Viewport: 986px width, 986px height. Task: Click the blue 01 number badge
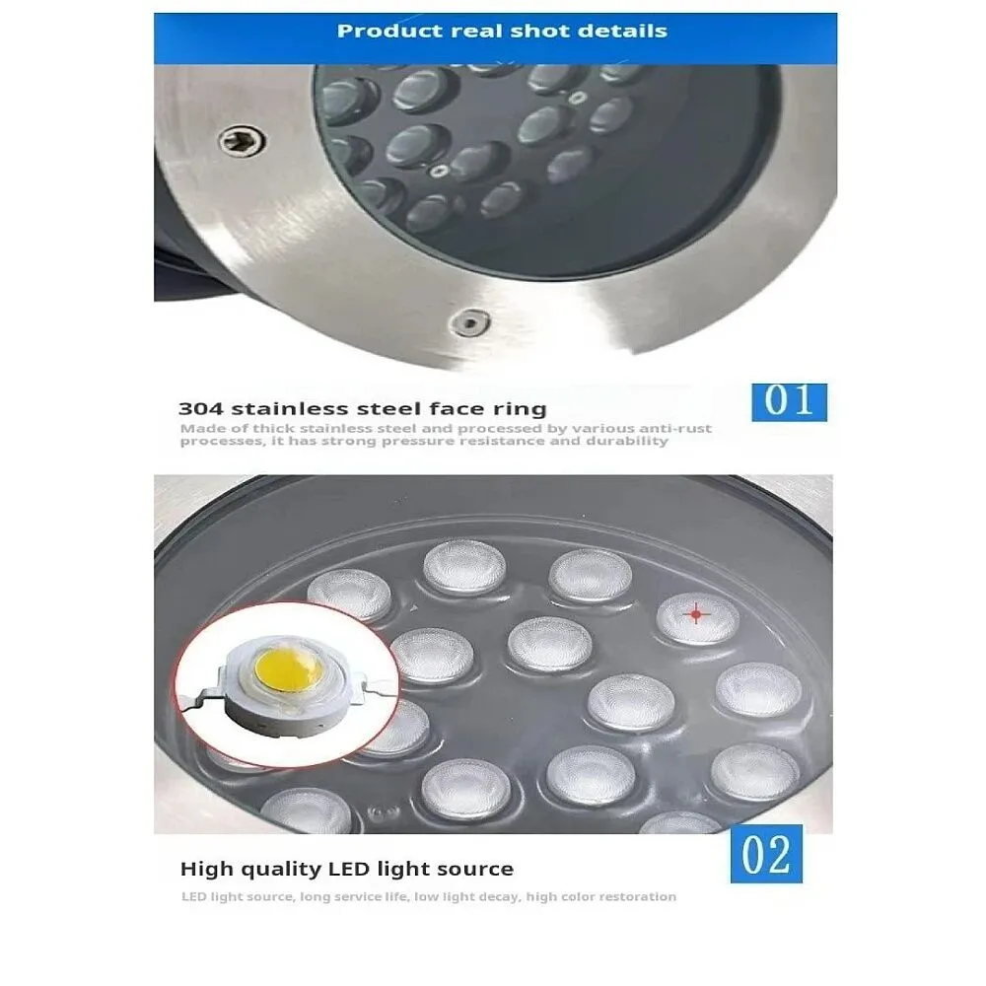pos(789,402)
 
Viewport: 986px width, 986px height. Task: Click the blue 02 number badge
pos(766,853)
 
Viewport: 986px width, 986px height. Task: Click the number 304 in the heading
pos(200,409)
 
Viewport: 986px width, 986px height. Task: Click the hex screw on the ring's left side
pos(243,141)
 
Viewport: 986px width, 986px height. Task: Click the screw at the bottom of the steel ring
pos(469,323)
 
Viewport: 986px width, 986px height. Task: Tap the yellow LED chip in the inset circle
pos(289,669)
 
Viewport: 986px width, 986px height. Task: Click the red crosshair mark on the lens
pos(696,613)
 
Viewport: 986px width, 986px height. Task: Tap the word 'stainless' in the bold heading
pos(287,409)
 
